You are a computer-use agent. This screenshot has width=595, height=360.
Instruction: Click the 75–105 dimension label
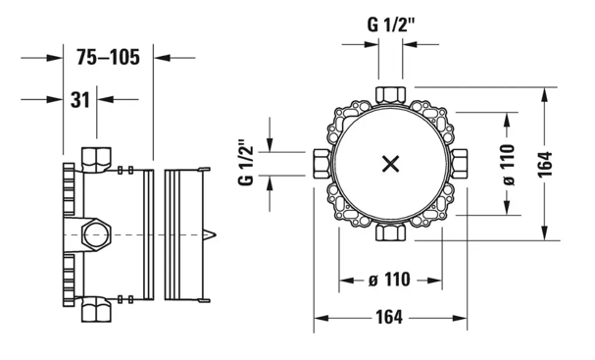(108, 57)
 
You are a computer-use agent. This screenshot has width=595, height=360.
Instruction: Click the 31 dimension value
(80, 100)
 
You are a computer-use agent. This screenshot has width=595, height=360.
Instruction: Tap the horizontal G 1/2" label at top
(391, 26)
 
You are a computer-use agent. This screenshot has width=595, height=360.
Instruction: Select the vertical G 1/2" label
(246, 163)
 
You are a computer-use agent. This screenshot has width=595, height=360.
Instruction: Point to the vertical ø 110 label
(507, 165)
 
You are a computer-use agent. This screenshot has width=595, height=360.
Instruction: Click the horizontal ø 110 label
(390, 281)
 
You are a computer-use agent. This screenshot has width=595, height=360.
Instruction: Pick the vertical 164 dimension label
(545, 164)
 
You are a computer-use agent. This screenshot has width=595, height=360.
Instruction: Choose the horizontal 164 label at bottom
(390, 317)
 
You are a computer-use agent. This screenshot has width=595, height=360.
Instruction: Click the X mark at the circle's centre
(390, 164)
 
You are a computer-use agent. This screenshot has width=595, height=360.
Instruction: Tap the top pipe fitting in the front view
(390, 95)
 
